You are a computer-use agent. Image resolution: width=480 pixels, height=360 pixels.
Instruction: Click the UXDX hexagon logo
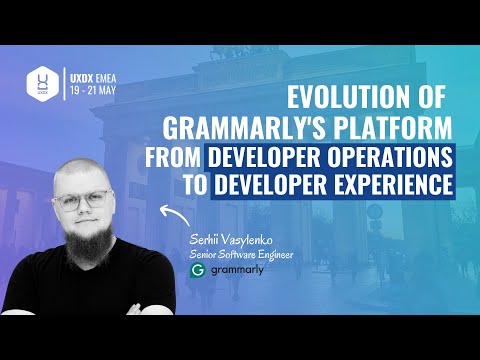pos(41,81)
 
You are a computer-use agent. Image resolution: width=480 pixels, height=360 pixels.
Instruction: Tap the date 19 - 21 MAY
pos(96,88)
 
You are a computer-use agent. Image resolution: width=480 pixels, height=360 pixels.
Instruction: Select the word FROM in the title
pos(173,157)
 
